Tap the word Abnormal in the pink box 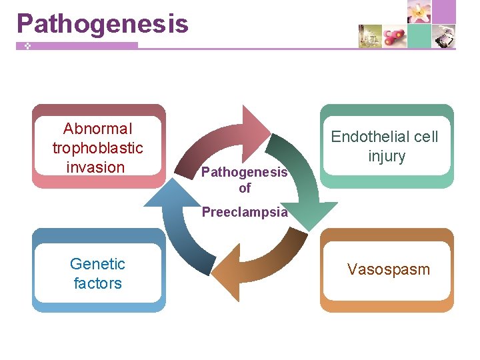coord(97,128)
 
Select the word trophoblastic coord(97,147)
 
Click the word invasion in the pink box coord(96,167)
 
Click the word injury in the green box coord(387,156)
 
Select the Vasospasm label coord(388,269)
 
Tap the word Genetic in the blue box coord(97,263)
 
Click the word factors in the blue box coord(97,283)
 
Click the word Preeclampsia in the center coord(245,213)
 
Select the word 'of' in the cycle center coord(245,188)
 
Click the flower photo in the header coord(419,12)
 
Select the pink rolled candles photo coord(395,36)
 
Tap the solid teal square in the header coord(419,36)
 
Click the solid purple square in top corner coord(445,11)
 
